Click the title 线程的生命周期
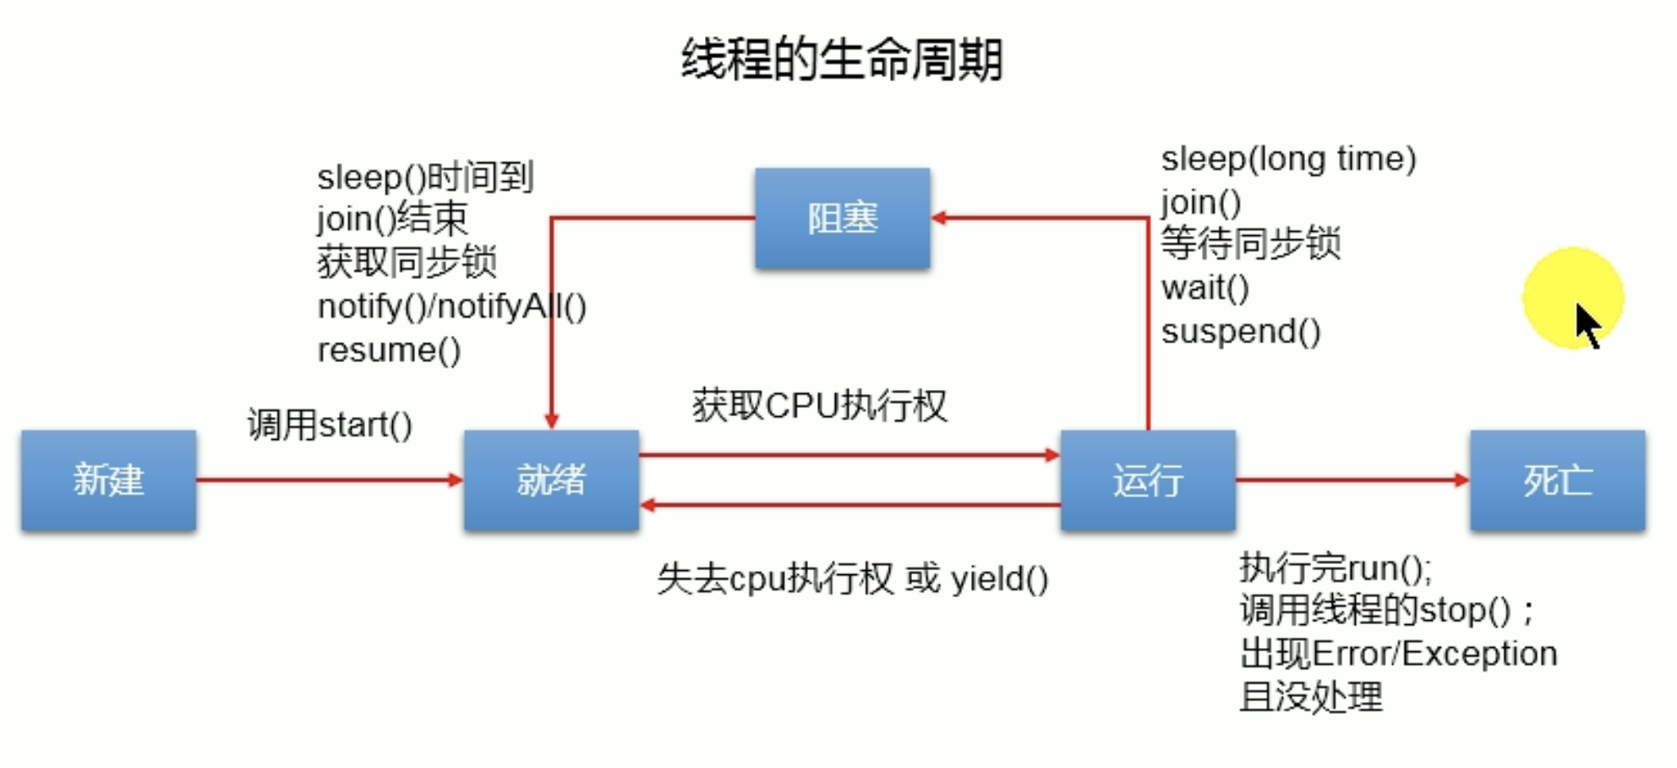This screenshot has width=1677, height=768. pyautogui.click(x=841, y=60)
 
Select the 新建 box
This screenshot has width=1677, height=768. pyautogui.click(x=109, y=480)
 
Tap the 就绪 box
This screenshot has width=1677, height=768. pyautogui.click(x=551, y=480)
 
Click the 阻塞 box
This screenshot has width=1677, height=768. pyautogui.click(x=843, y=218)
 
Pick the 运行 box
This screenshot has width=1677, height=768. pyautogui.click(x=1148, y=480)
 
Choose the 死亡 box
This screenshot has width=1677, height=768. pyautogui.click(x=1557, y=480)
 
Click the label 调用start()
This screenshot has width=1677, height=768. pyautogui.click(x=330, y=425)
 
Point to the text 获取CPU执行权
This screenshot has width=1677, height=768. pyautogui.click(x=819, y=406)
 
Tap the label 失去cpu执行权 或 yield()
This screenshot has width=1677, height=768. pyautogui.click(x=852, y=579)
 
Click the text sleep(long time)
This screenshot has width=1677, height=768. pyautogui.click(x=1287, y=159)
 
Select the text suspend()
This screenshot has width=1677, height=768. pyautogui.click(x=1240, y=332)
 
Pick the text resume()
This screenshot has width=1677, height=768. pyautogui.click(x=389, y=350)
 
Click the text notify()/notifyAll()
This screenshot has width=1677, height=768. pyautogui.click(x=451, y=306)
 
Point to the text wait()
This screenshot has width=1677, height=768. pyautogui.click(x=1204, y=288)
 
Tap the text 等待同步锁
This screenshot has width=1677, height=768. pyautogui.click(x=1250, y=244)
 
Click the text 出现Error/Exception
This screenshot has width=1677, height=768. pyautogui.click(x=1398, y=654)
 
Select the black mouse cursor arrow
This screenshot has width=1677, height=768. pyautogui.click(x=1587, y=325)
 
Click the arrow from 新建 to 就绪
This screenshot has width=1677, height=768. pyautogui.click(x=330, y=480)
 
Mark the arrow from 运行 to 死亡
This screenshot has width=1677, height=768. pyautogui.click(x=1352, y=480)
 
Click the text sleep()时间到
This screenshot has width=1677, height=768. pyautogui.click(x=425, y=178)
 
